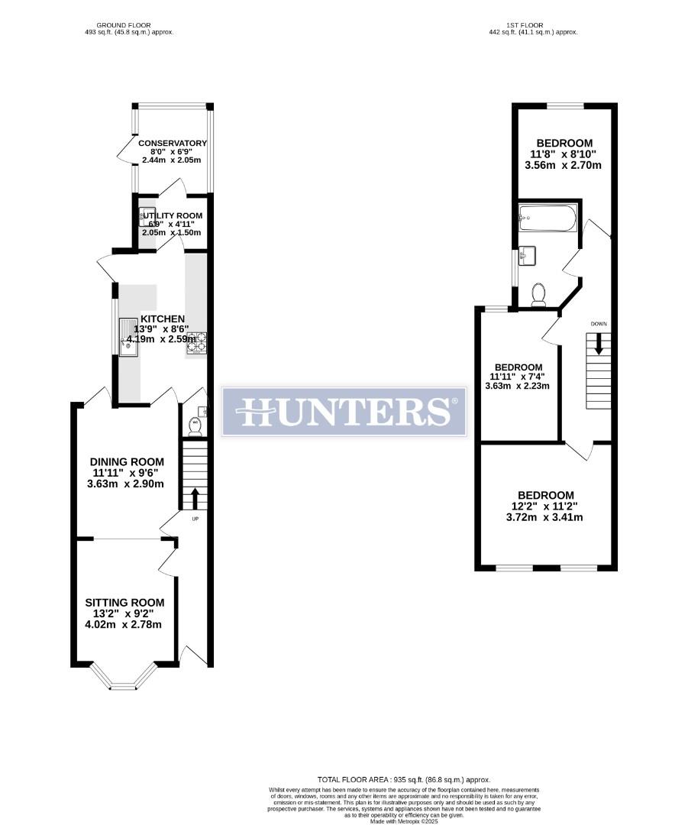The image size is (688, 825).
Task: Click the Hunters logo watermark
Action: (344, 411)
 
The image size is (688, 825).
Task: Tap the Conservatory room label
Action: (173, 143)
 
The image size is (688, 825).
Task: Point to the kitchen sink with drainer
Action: (126, 336)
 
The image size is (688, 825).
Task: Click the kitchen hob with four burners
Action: (198, 341)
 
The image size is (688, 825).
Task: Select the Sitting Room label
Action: (124, 603)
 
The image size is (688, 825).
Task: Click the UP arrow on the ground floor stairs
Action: (194, 499)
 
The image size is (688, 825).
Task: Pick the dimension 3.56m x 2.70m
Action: (564, 165)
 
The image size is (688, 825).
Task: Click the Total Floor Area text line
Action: (404, 779)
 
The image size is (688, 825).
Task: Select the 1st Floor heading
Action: (532, 25)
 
